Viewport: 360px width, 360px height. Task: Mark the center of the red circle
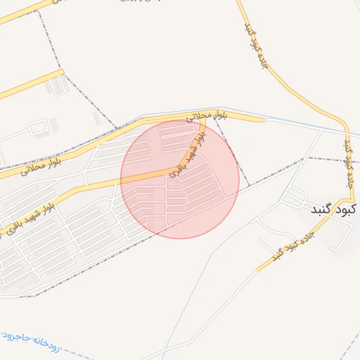[180, 179]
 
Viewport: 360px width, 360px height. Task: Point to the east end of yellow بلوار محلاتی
[264, 120]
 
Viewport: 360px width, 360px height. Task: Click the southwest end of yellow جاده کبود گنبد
[257, 271]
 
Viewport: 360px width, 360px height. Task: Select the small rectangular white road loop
[37, 128]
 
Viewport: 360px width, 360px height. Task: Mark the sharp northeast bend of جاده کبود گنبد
[345, 125]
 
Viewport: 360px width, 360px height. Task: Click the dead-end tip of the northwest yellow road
[63, 71]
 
